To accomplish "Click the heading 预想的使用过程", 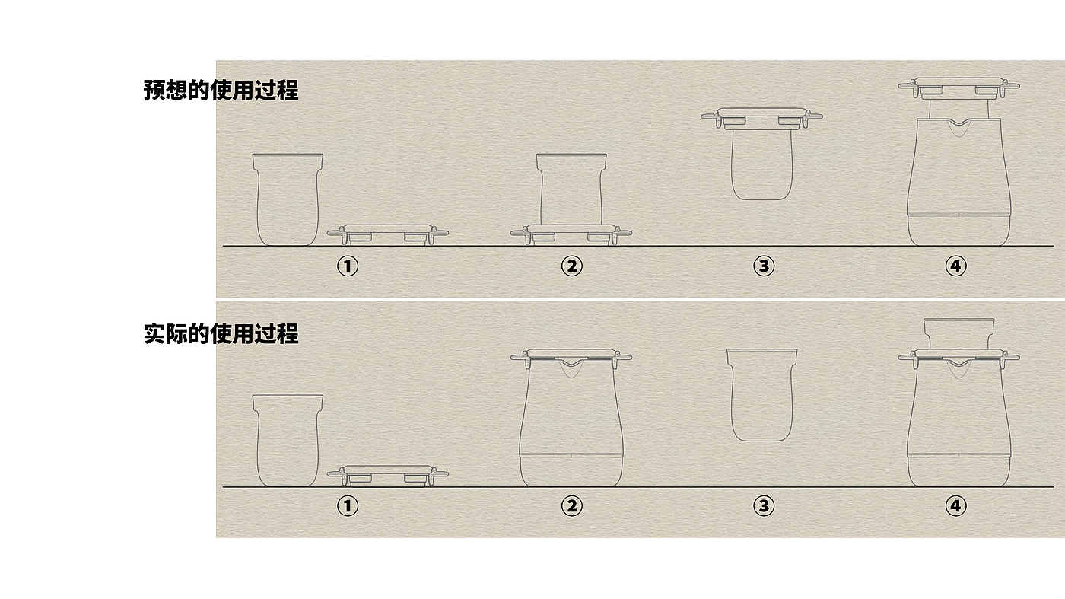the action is pos(221,90).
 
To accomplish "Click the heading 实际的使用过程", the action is pos(221,333).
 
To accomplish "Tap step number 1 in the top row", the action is pos(348,266).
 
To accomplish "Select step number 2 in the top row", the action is pos(571,266).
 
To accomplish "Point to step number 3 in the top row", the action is pos(764,266).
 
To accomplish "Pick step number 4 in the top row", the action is pos(955,266).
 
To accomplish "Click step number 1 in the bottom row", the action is pos(348,506).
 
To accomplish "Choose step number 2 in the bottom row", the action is pos(571,506).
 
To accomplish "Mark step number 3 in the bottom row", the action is pos(764,506).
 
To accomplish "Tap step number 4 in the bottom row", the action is pos(955,506).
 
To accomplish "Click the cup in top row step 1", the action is pos(288,199).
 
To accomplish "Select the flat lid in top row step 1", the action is pos(387,235).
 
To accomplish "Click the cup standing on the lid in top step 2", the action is pos(571,189).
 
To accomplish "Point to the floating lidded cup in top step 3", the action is pos(761,154).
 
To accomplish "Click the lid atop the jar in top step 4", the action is pos(958,88).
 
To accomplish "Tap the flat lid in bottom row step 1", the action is pos(387,476).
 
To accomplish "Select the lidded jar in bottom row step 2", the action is pos(571,418).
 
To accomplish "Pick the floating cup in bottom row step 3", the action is pos(761,395).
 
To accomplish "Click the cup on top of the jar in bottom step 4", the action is pos(958,334).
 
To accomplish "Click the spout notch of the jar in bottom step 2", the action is pos(571,368).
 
